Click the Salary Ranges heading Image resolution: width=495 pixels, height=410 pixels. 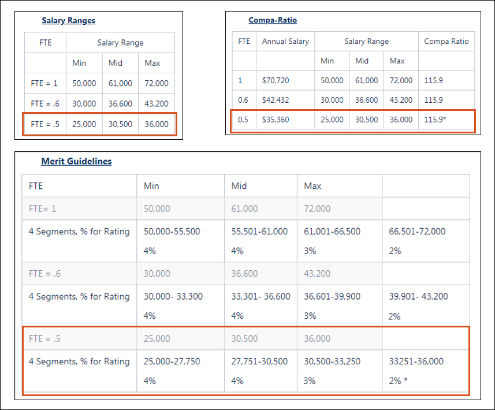pyautogui.click(x=68, y=21)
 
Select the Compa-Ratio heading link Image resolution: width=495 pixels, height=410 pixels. pyautogui.click(x=273, y=20)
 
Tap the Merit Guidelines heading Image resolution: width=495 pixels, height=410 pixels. pyautogui.click(x=76, y=162)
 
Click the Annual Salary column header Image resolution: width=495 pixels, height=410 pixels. pyautogui.click(x=285, y=41)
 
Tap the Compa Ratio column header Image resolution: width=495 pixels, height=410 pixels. pyautogui.click(x=446, y=41)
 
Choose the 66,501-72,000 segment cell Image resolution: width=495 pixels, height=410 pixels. pyautogui.click(x=416, y=232)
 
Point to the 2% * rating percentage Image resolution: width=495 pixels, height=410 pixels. pyautogui.click(x=398, y=381)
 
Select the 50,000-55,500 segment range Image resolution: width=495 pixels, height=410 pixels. pyautogui.click(x=172, y=232)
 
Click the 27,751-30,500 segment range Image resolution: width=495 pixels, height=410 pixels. pyautogui.click(x=259, y=361)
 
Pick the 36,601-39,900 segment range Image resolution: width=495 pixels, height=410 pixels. pyautogui.click(x=332, y=296)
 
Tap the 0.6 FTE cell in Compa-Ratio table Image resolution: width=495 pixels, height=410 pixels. pyautogui.click(x=243, y=100)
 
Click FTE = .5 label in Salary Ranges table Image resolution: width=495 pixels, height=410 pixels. pyautogui.click(x=44, y=124)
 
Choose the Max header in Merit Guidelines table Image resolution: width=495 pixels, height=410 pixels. pyautogui.click(x=312, y=186)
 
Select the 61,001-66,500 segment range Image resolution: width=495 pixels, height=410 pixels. pyautogui.click(x=332, y=232)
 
